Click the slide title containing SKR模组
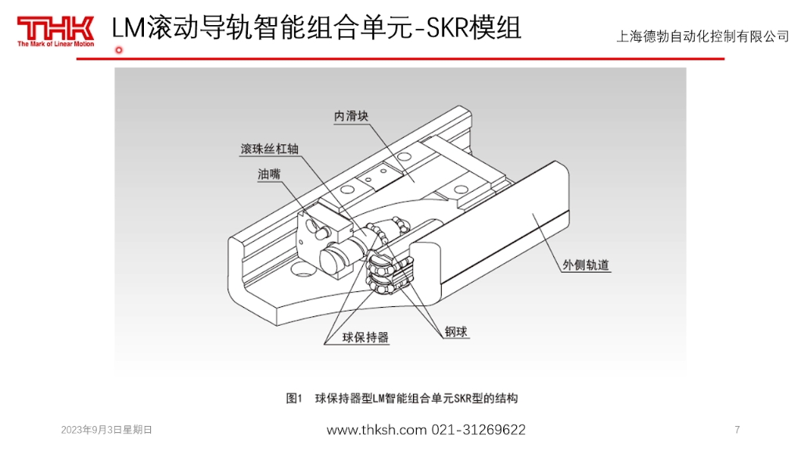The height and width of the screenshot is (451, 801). point(316,28)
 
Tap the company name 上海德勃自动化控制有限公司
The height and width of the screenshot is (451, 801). point(702,37)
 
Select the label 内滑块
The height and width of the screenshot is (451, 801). point(351,116)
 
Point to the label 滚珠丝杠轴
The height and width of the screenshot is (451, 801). point(270,149)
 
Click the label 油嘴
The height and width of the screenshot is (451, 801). point(268,175)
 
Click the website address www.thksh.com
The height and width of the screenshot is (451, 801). point(376,430)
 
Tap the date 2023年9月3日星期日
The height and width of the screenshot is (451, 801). point(106,430)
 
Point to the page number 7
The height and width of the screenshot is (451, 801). point(737,430)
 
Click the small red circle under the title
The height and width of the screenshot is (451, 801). point(119,51)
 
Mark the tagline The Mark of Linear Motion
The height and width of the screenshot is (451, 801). point(55,45)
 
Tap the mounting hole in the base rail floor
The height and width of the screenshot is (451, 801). point(300,270)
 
